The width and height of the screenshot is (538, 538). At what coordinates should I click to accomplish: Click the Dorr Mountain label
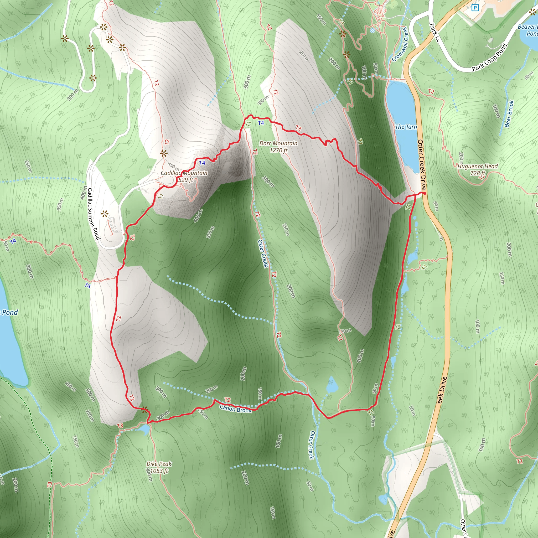tap(278, 147)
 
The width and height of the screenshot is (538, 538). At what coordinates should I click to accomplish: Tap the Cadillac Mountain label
tap(184, 176)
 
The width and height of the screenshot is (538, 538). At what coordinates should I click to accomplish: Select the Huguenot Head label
tap(478, 169)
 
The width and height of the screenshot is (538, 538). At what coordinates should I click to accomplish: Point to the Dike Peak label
tap(159, 467)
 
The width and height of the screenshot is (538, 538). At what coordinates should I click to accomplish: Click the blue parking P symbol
tap(475, 8)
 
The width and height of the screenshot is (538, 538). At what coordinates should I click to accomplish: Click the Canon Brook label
tap(235, 409)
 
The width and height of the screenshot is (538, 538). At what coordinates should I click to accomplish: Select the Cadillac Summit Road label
tap(94, 214)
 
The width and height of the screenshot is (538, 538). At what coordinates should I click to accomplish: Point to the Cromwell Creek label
tap(400, 44)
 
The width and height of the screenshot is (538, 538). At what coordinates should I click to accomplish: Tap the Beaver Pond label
tap(527, 30)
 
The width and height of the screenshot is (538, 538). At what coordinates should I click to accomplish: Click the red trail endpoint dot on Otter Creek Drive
tap(425, 193)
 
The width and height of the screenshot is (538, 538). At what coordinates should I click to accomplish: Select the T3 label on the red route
tap(298, 128)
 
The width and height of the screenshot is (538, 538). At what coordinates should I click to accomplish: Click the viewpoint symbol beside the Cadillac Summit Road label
tap(105, 214)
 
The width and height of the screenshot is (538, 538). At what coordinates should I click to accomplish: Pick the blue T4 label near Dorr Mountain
tap(261, 123)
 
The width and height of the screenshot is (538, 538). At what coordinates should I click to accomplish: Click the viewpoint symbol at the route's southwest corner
tap(144, 409)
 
